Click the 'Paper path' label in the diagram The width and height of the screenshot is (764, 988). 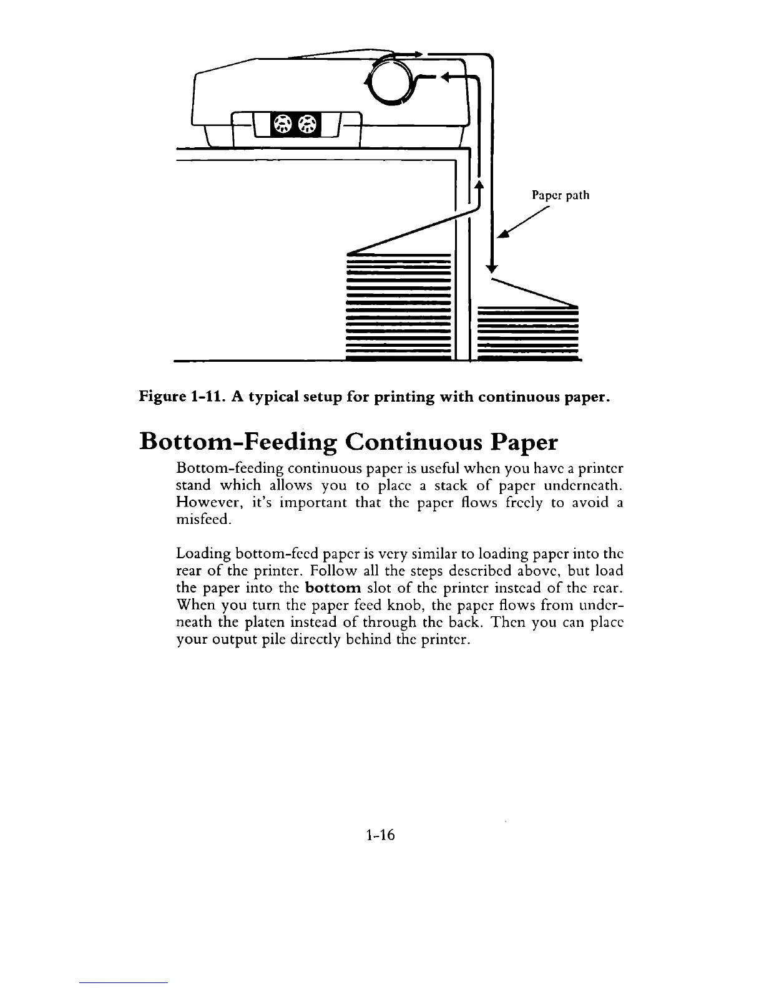pos(560,195)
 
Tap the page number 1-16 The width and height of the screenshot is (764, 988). pos(381,835)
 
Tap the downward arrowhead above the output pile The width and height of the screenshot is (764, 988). pos(492,268)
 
